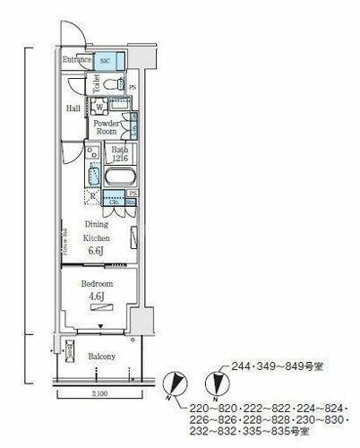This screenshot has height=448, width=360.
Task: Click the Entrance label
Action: (77, 61)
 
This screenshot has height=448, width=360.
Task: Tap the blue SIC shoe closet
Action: (105, 61)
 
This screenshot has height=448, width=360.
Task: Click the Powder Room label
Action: (107, 127)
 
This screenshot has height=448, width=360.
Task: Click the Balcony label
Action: (100, 357)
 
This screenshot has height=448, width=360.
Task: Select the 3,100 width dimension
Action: (99, 394)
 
